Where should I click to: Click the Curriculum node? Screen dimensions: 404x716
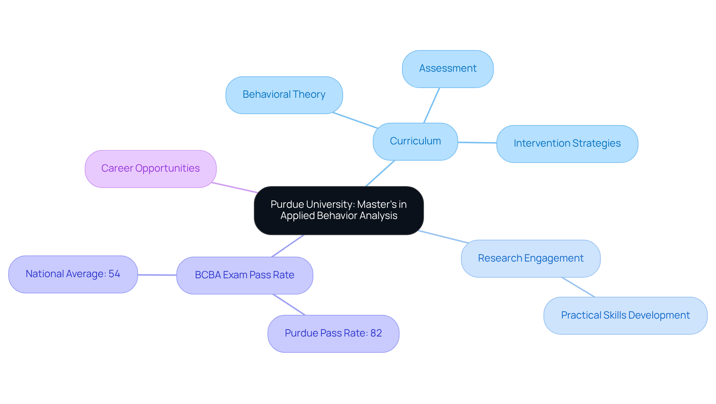coord(415,141)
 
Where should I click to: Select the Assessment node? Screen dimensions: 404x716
coord(447,69)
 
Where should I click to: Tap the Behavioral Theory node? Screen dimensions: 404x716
coord(284,95)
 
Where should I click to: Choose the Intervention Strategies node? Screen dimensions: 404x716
coord(567,144)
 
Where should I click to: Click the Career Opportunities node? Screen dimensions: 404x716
coord(150,169)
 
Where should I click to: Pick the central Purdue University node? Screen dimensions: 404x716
coord(339,210)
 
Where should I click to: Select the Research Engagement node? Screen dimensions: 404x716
coord(530,258)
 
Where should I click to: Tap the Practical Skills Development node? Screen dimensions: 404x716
coord(625,316)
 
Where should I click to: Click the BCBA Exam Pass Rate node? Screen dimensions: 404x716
coord(244,275)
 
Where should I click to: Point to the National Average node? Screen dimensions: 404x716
coord(73,274)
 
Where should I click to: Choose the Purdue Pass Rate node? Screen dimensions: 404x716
coord(333,333)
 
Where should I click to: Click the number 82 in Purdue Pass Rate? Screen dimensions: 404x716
coord(376,333)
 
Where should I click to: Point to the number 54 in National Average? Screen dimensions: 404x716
coord(114,274)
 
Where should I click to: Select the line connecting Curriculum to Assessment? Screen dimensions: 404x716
coord(431,106)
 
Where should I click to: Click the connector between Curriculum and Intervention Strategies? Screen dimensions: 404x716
coord(477,143)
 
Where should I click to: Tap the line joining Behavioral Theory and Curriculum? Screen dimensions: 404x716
coord(355,120)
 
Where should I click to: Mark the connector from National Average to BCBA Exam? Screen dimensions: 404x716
coord(157,275)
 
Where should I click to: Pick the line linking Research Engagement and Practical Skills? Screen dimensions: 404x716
coord(578,287)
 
